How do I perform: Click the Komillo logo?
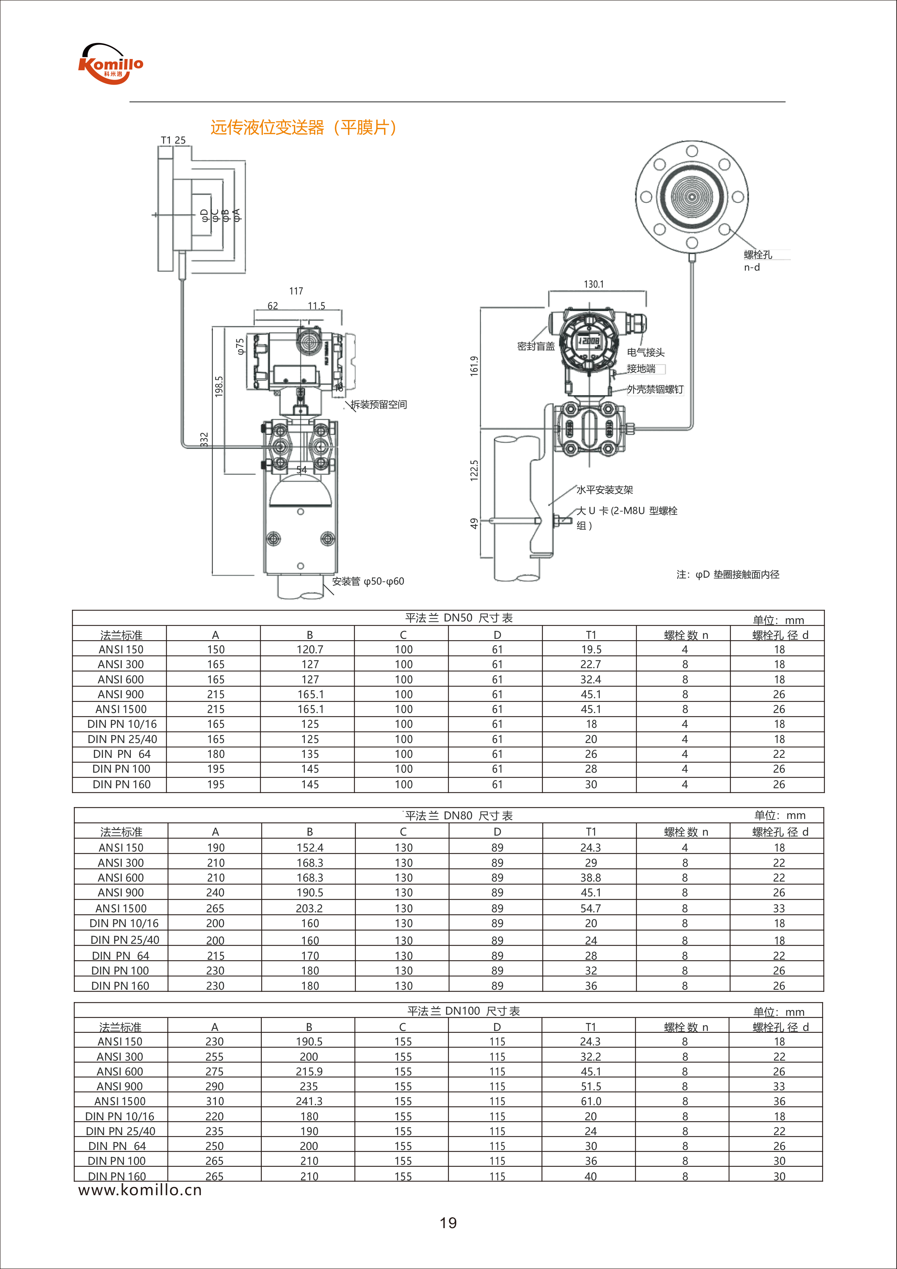click(x=111, y=64)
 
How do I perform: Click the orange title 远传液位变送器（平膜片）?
click(x=303, y=128)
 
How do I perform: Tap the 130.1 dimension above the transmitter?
click(x=594, y=284)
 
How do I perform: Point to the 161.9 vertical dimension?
click(x=474, y=366)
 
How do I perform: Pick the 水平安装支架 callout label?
click(x=605, y=490)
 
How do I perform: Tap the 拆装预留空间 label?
click(x=379, y=404)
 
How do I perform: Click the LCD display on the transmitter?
click(x=588, y=341)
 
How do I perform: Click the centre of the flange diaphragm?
click(x=692, y=197)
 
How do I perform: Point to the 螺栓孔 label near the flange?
click(x=758, y=255)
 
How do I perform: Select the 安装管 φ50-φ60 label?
click(x=368, y=581)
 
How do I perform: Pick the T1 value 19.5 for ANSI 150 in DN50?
click(x=591, y=649)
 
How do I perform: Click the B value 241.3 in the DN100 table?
click(x=309, y=1102)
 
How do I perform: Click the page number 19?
click(x=448, y=1223)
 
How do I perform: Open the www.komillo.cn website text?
click(x=140, y=1190)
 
